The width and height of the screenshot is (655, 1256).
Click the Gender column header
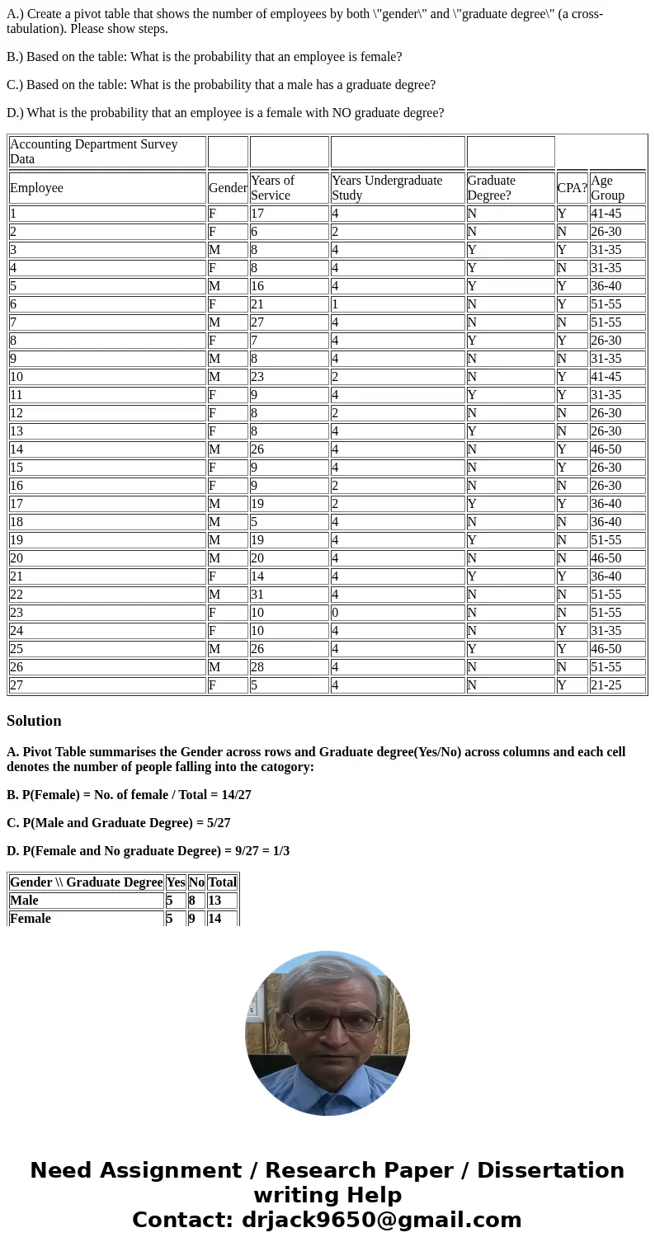(228, 188)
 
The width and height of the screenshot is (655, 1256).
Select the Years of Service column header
(272, 188)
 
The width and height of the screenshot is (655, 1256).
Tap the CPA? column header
(572, 188)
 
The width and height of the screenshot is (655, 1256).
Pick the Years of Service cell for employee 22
(289, 595)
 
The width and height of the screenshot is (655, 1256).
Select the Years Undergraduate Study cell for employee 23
(398, 613)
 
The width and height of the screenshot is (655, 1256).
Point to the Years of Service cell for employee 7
(289, 322)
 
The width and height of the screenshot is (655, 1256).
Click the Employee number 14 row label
(107, 449)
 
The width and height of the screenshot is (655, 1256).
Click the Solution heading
(34, 721)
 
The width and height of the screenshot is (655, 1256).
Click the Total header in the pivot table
(222, 882)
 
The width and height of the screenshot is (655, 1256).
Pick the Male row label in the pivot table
(25, 901)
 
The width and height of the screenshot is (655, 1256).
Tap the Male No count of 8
(196, 901)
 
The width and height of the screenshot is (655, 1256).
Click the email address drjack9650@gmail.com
(381, 1221)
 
